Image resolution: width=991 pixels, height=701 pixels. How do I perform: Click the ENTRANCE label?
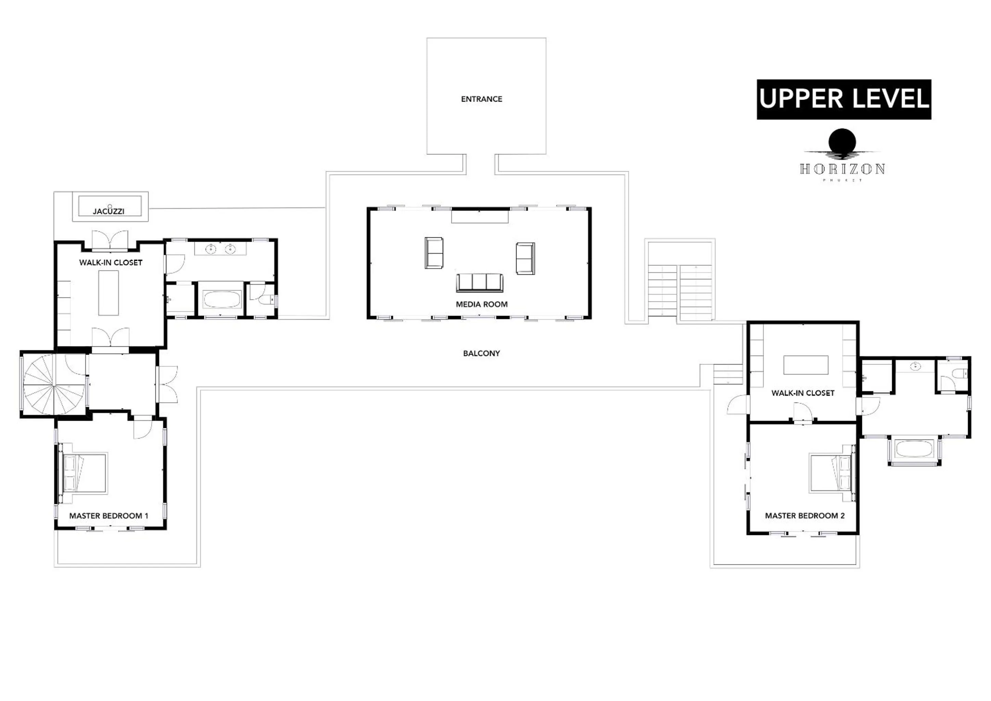click(481, 99)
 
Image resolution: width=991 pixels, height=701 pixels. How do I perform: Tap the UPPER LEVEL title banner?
click(844, 99)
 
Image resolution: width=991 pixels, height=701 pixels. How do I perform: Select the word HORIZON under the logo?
click(842, 169)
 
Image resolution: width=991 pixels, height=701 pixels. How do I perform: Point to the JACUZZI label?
click(109, 211)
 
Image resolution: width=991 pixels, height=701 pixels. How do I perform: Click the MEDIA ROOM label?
click(481, 304)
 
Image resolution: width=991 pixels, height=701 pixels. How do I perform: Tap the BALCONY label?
click(481, 353)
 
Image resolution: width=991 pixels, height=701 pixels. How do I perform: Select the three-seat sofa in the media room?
click(480, 283)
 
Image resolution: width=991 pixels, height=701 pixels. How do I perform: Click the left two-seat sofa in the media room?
click(433, 253)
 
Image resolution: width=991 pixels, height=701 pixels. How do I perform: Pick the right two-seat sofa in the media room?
click(525, 258)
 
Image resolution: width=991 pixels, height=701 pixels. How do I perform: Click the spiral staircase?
click(54, 384)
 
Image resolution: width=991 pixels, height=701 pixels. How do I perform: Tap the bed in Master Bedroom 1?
click(85, 472)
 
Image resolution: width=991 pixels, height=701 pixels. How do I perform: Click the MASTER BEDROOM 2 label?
click(804, 515)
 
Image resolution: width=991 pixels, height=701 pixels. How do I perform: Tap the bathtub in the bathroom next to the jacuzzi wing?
click(222, 299)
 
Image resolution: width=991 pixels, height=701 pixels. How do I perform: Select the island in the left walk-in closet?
click(108, 292)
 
